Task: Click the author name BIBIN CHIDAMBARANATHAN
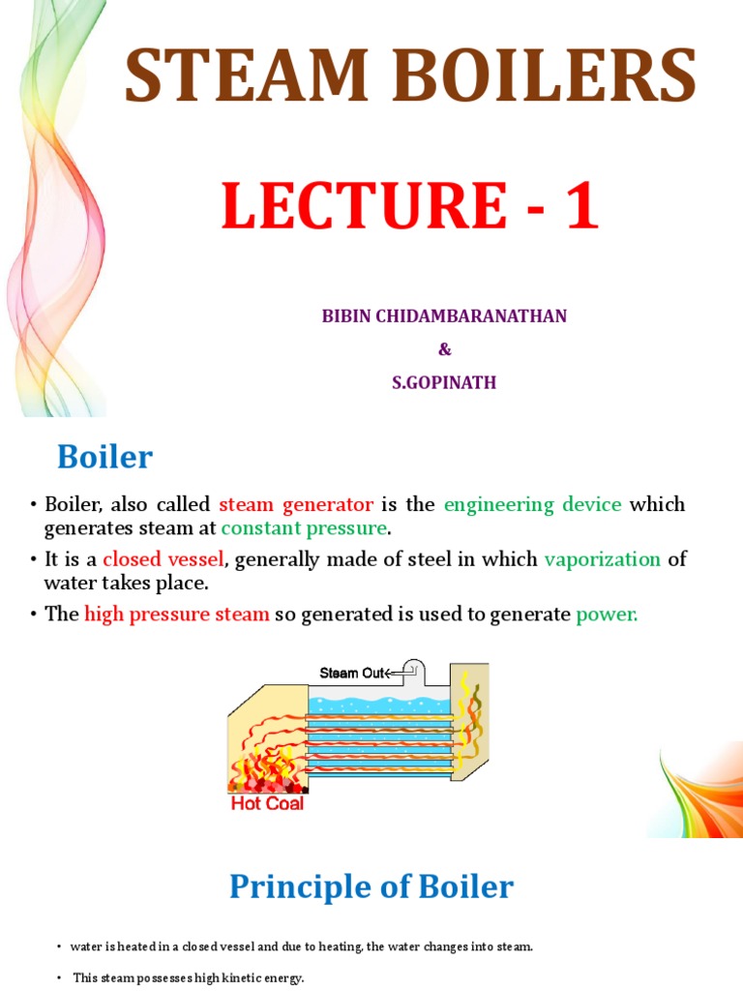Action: click(x=444, y=316)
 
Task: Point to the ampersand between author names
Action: click(x=444, y=349)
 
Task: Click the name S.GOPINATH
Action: click(x=444, y=382)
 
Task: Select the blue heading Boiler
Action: click(x=104, y=456)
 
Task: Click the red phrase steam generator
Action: click(x=296, y=504)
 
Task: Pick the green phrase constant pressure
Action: click(x=305, y=528)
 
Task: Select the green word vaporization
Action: click(x=603, y=559)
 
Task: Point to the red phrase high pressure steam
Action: click(x=177, y=615)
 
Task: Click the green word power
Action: click(x=607, y=615)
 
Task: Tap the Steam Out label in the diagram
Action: click(x=351, y=674)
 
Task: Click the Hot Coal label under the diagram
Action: click(x=266, y=803)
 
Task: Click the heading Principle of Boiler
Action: click(x=371, y=886)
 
